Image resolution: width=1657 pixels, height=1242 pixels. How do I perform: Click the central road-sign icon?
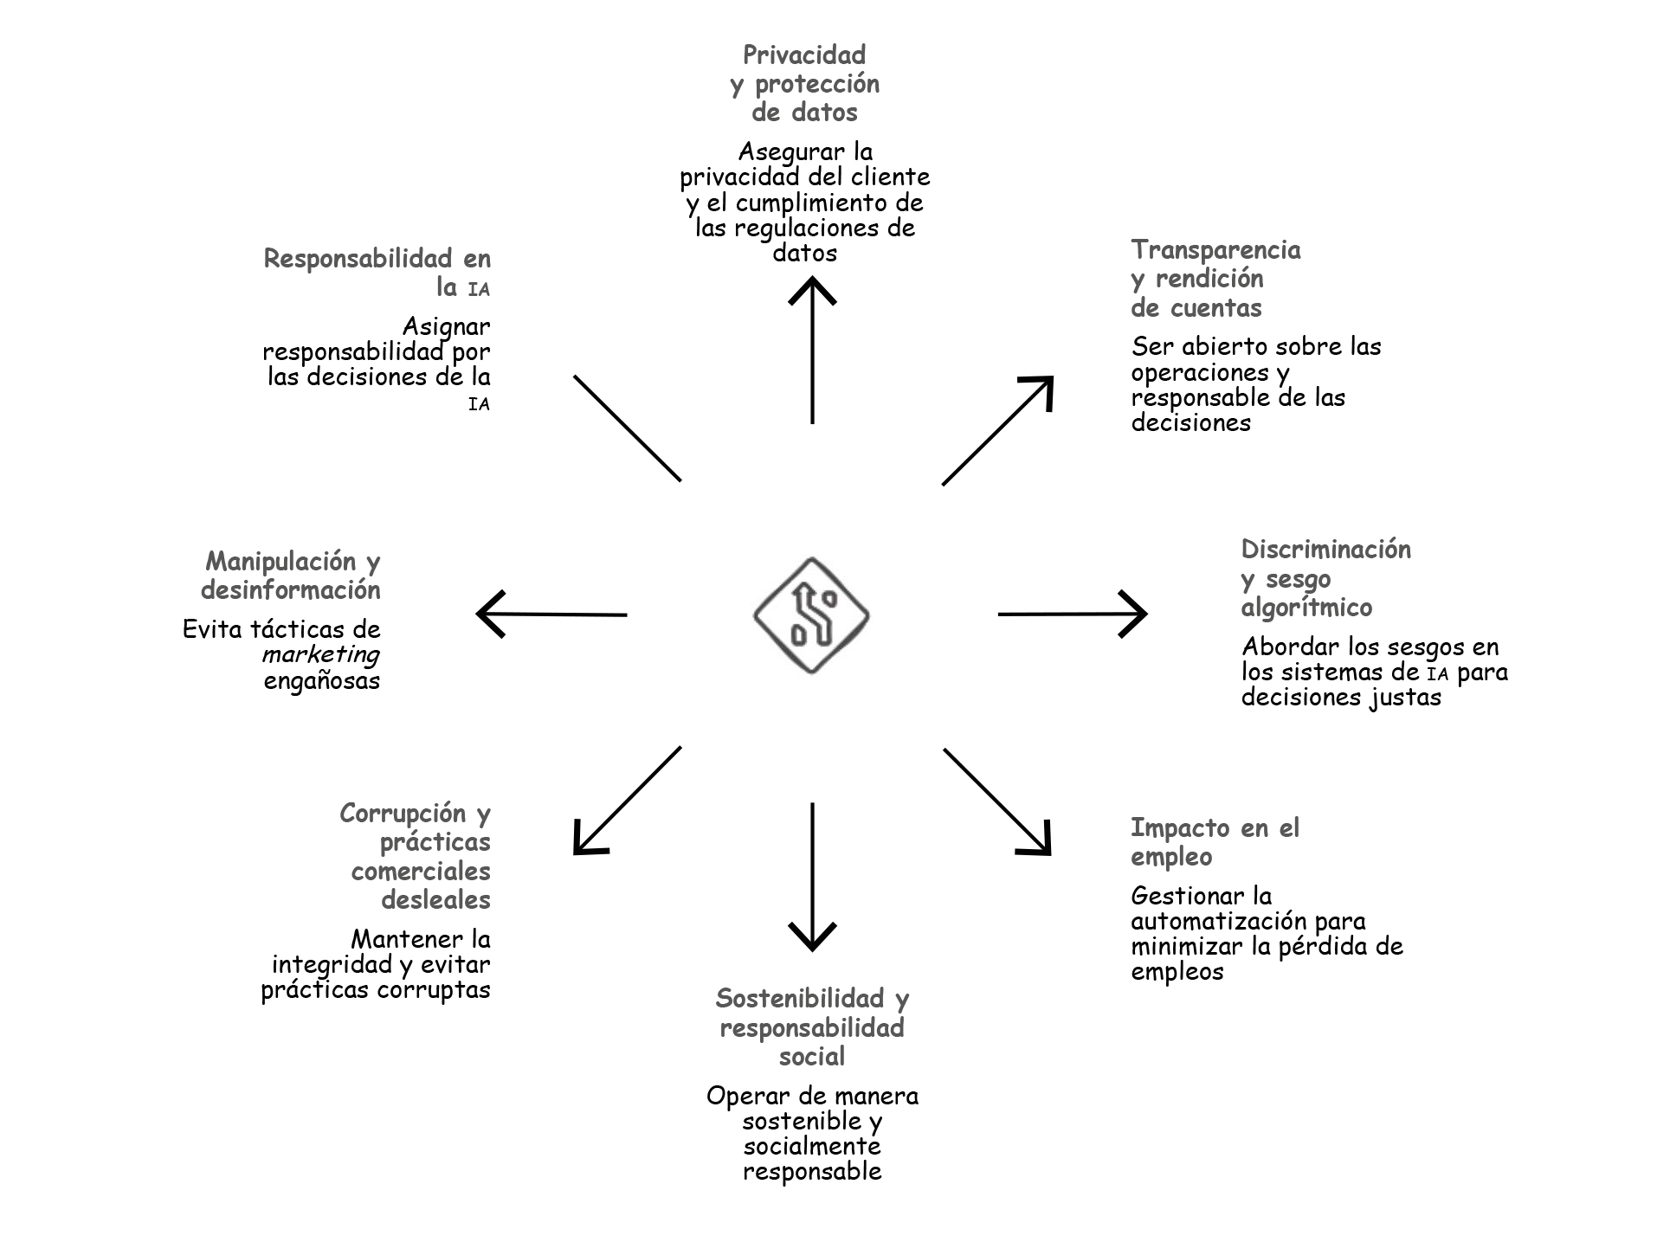[x=811, y=615]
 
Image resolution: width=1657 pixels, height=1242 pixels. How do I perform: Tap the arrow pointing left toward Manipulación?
[x=551, y=615]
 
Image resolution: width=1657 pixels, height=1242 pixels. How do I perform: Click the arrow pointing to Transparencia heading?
[x=997, y=430]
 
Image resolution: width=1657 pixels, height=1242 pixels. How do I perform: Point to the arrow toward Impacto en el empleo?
[x=996, y=801]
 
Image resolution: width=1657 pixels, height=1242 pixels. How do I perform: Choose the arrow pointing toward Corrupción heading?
[x=628, y=801]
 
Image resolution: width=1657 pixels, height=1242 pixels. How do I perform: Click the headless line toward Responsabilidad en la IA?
[x=628, y=428]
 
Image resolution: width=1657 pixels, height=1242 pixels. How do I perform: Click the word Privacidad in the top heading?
[x=804, y=55]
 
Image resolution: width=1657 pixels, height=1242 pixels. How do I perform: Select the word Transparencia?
[x=1215, y=250]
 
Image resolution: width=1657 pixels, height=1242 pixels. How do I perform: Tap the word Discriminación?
[x=1325, y=550]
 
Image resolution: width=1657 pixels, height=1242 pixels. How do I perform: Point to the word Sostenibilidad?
[x=799, y=999]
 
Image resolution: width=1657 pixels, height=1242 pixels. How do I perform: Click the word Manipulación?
[x=280, y=562]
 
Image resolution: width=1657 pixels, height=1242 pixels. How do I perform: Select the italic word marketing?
[x=321, y=654]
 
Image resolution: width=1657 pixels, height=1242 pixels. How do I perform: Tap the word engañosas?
[x=322, y=681]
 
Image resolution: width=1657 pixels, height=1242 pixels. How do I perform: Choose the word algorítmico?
[x=1306, y=608]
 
